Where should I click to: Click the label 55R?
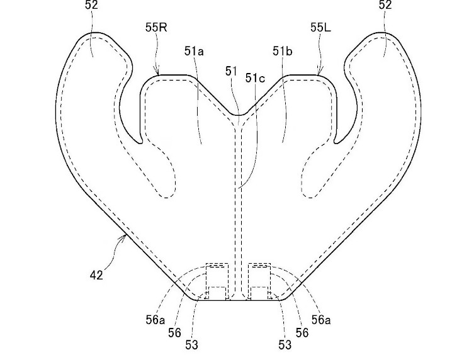(x=156, y=28)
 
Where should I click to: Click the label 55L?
(x=320, y=28)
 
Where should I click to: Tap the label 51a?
(x=194, y=52)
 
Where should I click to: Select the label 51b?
(x=283, y=52)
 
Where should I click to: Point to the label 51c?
(x=255, y=78)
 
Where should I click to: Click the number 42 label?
(x=96, y=275)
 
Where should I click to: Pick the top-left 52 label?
(x=91, y=5)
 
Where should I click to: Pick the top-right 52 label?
(x=385, y=5)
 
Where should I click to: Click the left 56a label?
(x=155, y=320)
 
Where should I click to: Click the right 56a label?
(x=321, y=320)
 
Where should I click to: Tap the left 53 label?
(x=191, y=345)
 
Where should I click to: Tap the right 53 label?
(x=285, y=345)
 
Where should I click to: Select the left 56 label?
(x=174, y=332)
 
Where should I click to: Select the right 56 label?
(x=302, y=332)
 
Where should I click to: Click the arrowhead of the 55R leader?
(x=157, y=72)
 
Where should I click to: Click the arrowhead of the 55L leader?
(x=319, y=72)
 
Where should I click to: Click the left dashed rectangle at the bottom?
(x=217, y=282)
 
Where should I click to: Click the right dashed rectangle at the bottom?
(x=259, y=282)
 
